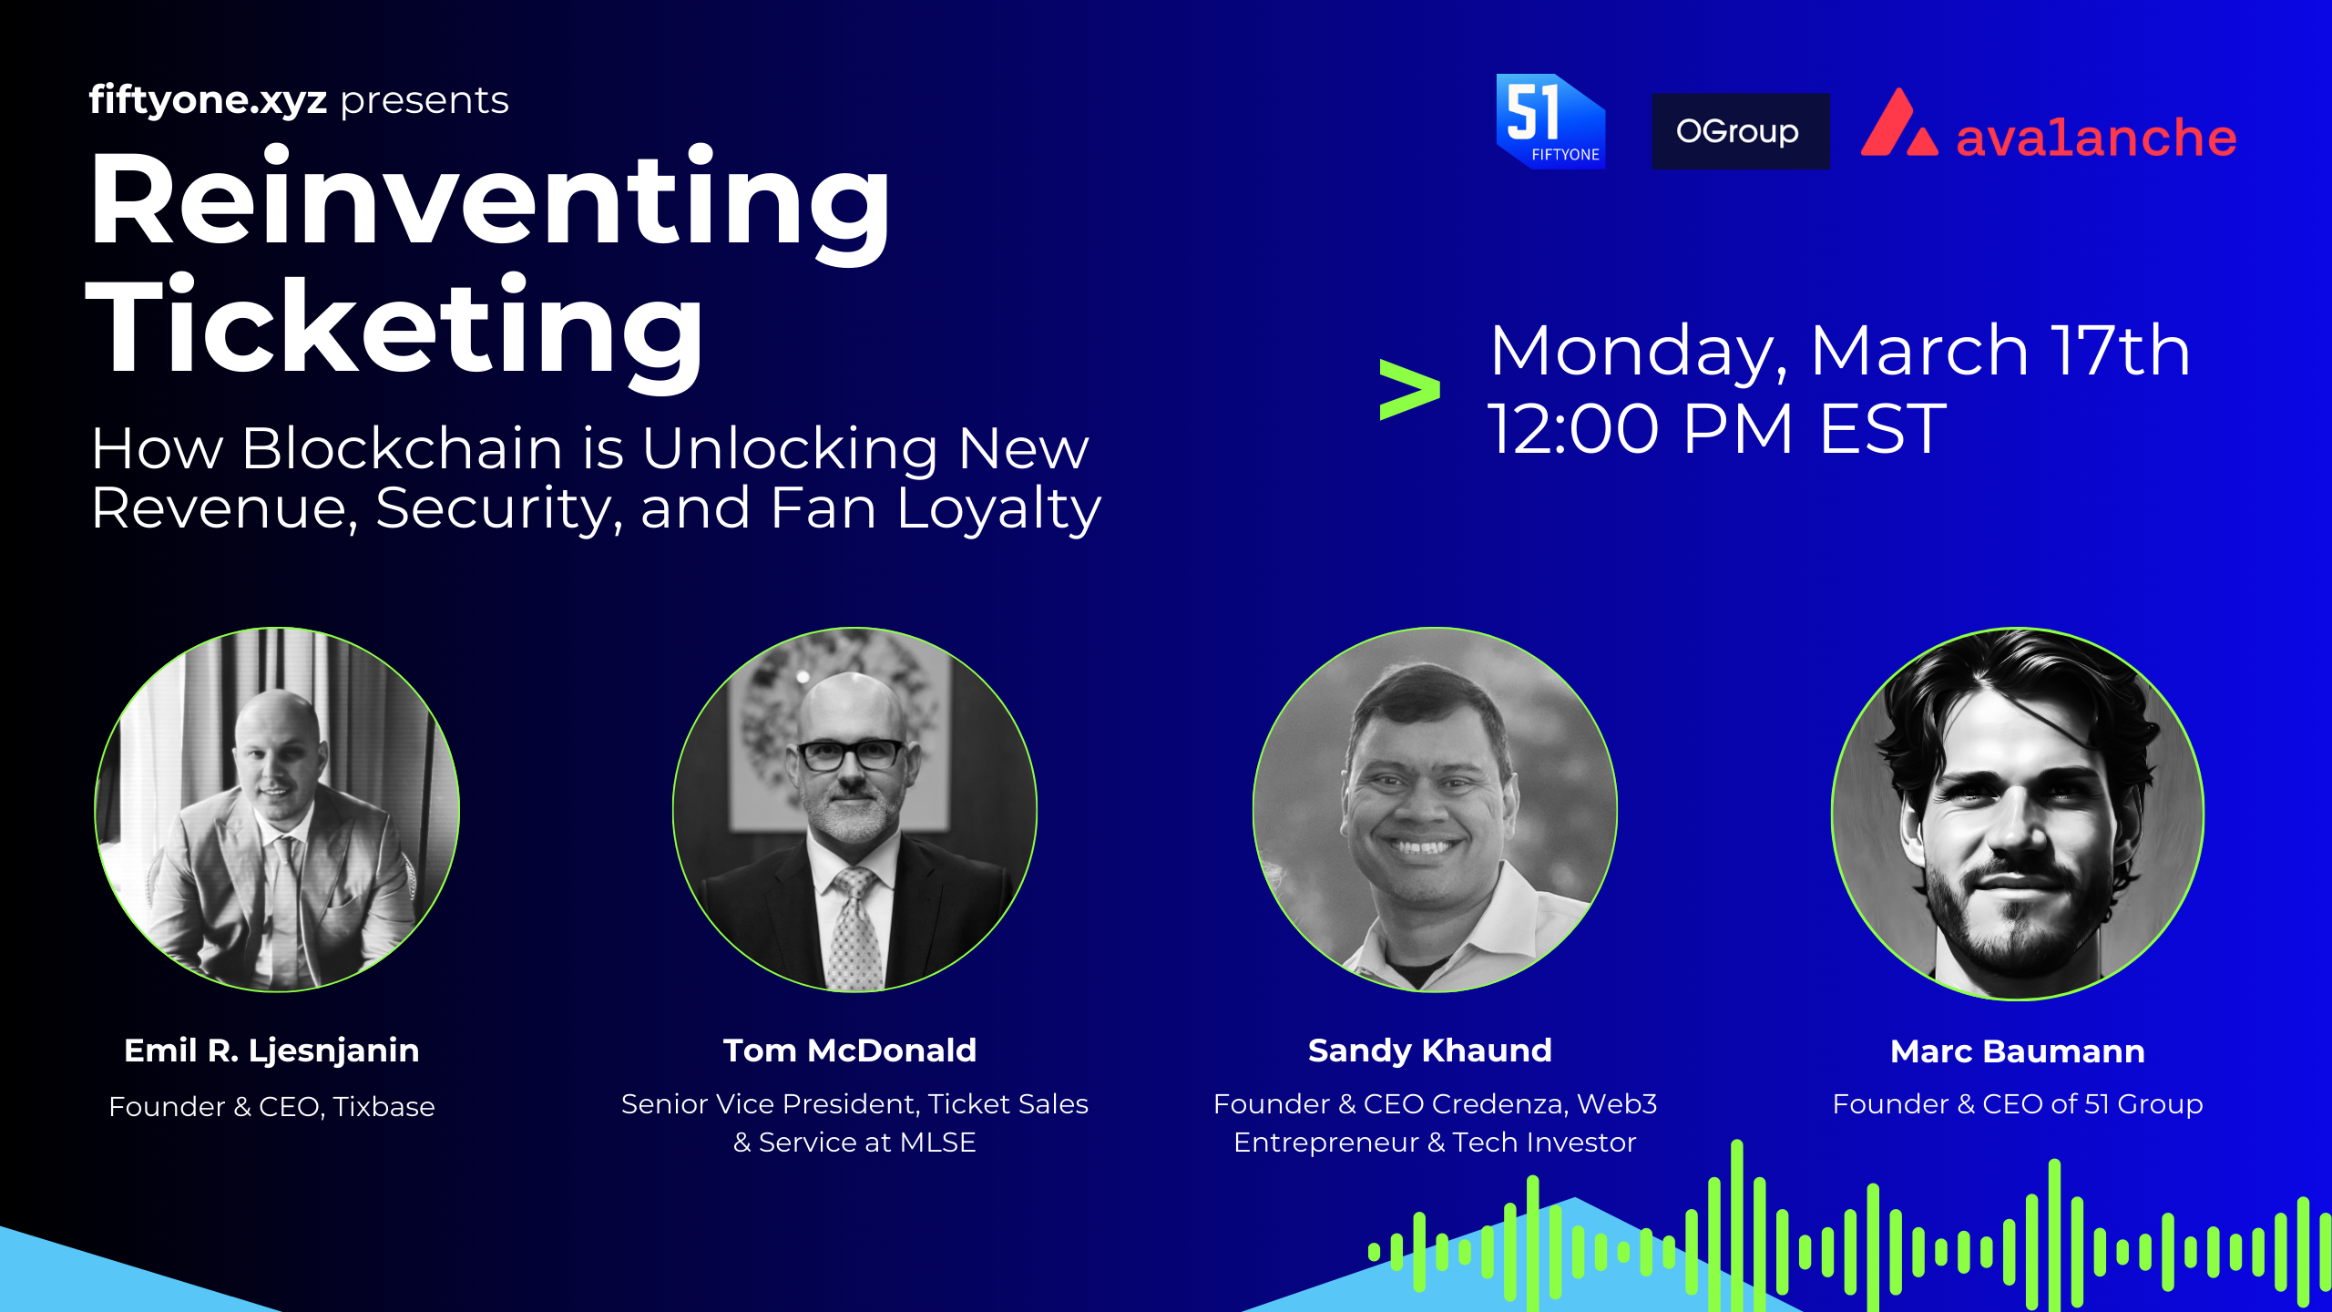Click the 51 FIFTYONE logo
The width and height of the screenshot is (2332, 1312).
coord(1550,121)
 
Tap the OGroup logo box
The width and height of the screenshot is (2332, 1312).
coord(1740,131)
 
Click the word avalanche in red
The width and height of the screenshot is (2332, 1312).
coord(2096,138)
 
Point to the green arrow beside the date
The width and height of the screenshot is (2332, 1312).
coord(1410,390)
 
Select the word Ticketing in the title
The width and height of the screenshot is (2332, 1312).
coord(395,330)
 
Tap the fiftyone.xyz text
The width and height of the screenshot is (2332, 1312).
coord(208,100)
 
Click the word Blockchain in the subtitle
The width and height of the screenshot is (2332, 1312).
coord(403,448)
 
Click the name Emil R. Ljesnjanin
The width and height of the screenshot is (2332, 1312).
coord(271,1051)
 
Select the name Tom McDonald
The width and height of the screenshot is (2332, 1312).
coord(850,1051)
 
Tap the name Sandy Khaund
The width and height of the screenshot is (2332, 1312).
coord(1430,1051)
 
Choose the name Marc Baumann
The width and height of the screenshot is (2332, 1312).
coord(2018,1051)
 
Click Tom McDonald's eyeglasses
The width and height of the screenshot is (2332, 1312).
coord(851,755)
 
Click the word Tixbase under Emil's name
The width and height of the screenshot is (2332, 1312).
coord(384,1106)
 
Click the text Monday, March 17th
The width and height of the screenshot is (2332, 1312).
coord(1840,352)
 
